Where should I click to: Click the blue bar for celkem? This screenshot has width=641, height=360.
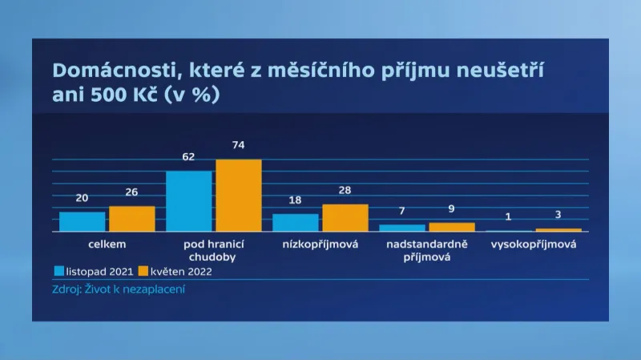(x=82, y=221)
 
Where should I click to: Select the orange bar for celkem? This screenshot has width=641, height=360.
(x=132, y=219)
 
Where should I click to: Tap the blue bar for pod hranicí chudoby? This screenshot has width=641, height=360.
(x=189, y=201)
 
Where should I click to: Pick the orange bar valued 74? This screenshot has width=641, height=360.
(x=239, y=196)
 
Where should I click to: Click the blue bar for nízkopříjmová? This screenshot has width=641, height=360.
(x=296, y=223)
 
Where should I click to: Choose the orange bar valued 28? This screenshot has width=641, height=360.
(x=345, y=218)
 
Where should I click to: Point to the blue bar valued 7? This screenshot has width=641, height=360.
(x=402, y=229)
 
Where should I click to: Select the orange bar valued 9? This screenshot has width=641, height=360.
(x=452, y=227)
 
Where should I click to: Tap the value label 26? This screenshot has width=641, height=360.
(x=132, y=192)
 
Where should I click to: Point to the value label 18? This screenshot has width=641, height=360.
(x=296, y=200)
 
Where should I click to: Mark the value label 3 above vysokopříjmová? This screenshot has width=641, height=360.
(x=558, y=215)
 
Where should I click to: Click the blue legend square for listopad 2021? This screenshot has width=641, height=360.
(x=60, y=271)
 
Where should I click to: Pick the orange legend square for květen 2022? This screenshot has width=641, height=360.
(x=144, y=271)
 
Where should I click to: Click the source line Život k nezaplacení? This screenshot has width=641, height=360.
(x=119, y=288)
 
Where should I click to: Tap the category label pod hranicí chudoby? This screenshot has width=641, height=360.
(x=214, y=250)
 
